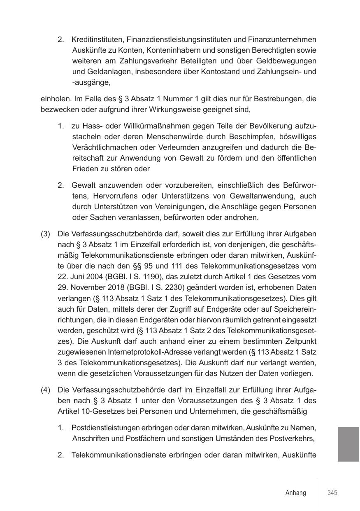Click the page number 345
point(332,493)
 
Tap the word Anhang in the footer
point(296,493)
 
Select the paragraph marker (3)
point(45,234)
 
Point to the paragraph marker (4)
point(45,390)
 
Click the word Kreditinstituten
point(98,40)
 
